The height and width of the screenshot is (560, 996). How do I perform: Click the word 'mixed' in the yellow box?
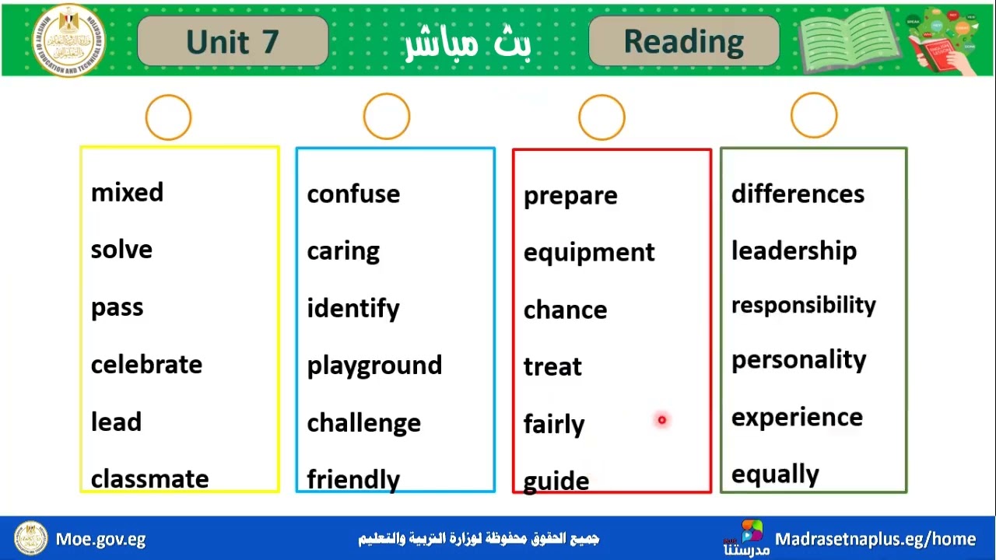pos(127,193)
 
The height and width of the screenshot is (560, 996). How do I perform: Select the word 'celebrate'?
pos(146,365)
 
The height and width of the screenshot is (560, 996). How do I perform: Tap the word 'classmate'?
pos(149,479)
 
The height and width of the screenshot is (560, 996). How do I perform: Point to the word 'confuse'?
pos(353,194)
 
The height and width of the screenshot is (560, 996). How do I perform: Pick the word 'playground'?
pos(374,366)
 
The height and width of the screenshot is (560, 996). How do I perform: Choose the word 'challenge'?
pos(363,423)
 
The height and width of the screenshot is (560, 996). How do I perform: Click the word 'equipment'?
pos(589,253)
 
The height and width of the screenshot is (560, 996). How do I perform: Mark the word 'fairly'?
pos(553,425)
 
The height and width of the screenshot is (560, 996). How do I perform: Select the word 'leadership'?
pos(794,251)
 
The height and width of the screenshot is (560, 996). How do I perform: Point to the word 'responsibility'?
pos(803,306)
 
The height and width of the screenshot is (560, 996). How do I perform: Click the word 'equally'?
pos(775,474)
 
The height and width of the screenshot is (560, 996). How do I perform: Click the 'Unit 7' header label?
pos(232,42)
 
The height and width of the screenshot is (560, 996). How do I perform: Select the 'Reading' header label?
pos(683,42)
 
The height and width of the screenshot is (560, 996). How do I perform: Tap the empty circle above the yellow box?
pos(168,117)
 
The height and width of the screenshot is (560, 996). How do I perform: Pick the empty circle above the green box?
pos(814,116)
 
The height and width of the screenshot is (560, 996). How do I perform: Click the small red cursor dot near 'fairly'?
pos(662,420)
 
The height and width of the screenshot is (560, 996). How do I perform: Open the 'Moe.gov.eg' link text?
pos(100,539)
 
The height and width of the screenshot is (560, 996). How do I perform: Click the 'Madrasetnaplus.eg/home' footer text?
pos(875,539)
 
